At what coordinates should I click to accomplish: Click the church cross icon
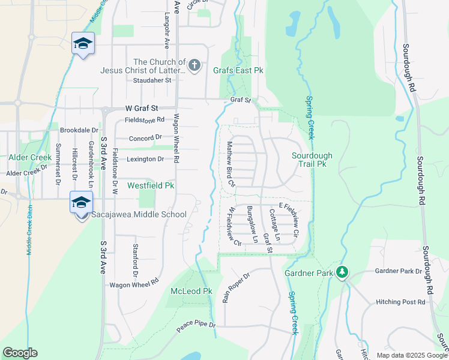(194, 65)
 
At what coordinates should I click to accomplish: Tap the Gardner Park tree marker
(342, 273)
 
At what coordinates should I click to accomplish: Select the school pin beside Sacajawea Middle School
(81, 202)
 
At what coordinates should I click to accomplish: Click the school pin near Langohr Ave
(83, 43)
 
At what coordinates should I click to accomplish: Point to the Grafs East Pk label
(238, 70)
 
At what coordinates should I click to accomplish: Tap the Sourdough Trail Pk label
(312, 159)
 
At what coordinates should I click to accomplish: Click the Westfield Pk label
(151, 186)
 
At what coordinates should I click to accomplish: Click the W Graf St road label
(141, 109)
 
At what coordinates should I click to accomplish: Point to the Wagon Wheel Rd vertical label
(176, 139)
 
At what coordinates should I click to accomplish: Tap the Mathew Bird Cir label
(230, 164)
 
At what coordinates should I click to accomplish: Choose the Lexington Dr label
(145, 159)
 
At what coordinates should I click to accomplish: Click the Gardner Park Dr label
(399, 271)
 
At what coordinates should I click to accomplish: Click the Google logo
(20, 353)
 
